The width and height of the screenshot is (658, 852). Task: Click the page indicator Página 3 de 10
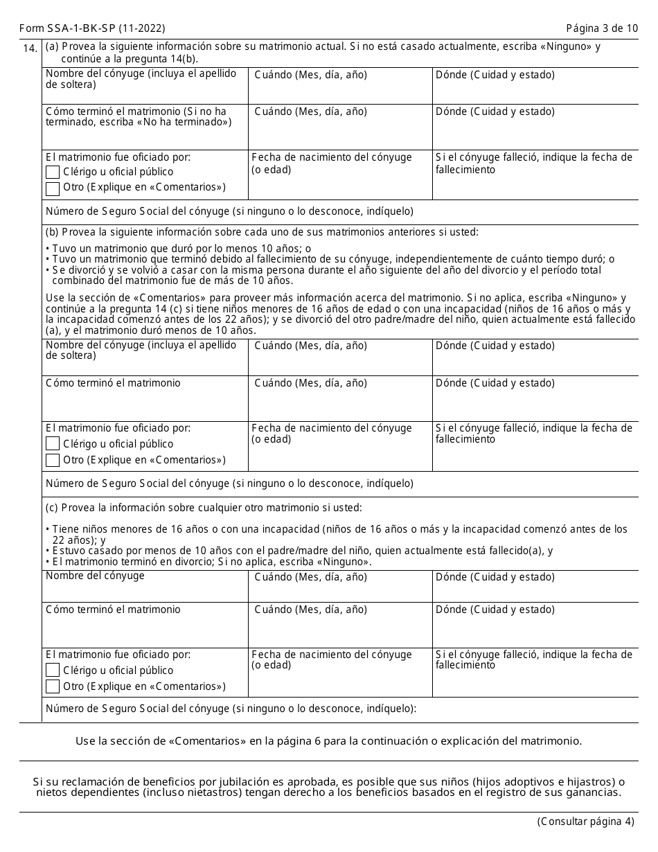[x=601, y=28]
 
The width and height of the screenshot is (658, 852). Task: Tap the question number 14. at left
[x=30, y=48]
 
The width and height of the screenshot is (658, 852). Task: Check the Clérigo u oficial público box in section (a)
[x=53, y=172]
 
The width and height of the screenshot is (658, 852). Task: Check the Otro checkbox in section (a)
[x=53, y=188]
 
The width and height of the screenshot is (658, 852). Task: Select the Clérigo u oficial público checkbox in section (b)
[x=53, y=444]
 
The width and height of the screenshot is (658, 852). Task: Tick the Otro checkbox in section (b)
[x=53, y=461]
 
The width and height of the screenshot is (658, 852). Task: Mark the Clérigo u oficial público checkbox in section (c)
[x=53, y=671]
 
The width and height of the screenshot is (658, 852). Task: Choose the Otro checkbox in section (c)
[x=53, y=687]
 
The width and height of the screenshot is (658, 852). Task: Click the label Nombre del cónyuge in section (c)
[x=95, y=576]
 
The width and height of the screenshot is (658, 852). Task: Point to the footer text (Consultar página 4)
[x=585, y=822]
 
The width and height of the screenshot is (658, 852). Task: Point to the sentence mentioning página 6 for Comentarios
[x=328, y=740]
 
